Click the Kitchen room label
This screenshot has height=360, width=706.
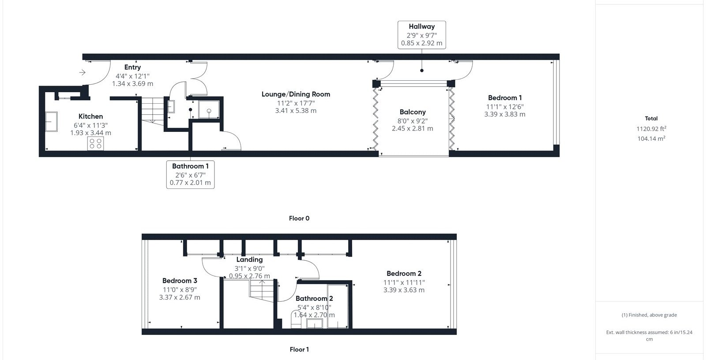pos(90,116)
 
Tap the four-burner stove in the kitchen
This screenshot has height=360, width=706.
pos(95,143)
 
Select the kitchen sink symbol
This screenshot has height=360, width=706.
pos(51,121)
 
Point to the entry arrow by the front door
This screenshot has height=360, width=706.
pos(82,72)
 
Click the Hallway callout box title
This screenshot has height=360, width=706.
pos(422,26)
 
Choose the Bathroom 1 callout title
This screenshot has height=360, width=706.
pos(190,166)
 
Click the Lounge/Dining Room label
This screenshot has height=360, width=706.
pos(296,94)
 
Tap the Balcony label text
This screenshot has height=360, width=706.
pos(413,112)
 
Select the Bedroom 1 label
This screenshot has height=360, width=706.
pos(505,98)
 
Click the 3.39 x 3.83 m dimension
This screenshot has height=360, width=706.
pos(505,114)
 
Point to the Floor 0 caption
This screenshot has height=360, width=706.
pos(299,218)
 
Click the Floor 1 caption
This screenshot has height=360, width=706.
pos(299,349)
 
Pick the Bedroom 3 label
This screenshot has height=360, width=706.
pos(180,281)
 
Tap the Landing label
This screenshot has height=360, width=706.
pos(249,259)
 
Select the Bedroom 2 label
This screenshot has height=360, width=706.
pos(404,274)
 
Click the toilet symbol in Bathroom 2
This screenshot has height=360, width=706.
pos(296,319)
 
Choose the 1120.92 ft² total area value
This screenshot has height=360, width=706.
pos(651,129)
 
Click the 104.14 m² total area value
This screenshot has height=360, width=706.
pos(651,139)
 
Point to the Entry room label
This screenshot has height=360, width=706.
pos(132,67)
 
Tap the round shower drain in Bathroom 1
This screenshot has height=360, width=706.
pos(209,111)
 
